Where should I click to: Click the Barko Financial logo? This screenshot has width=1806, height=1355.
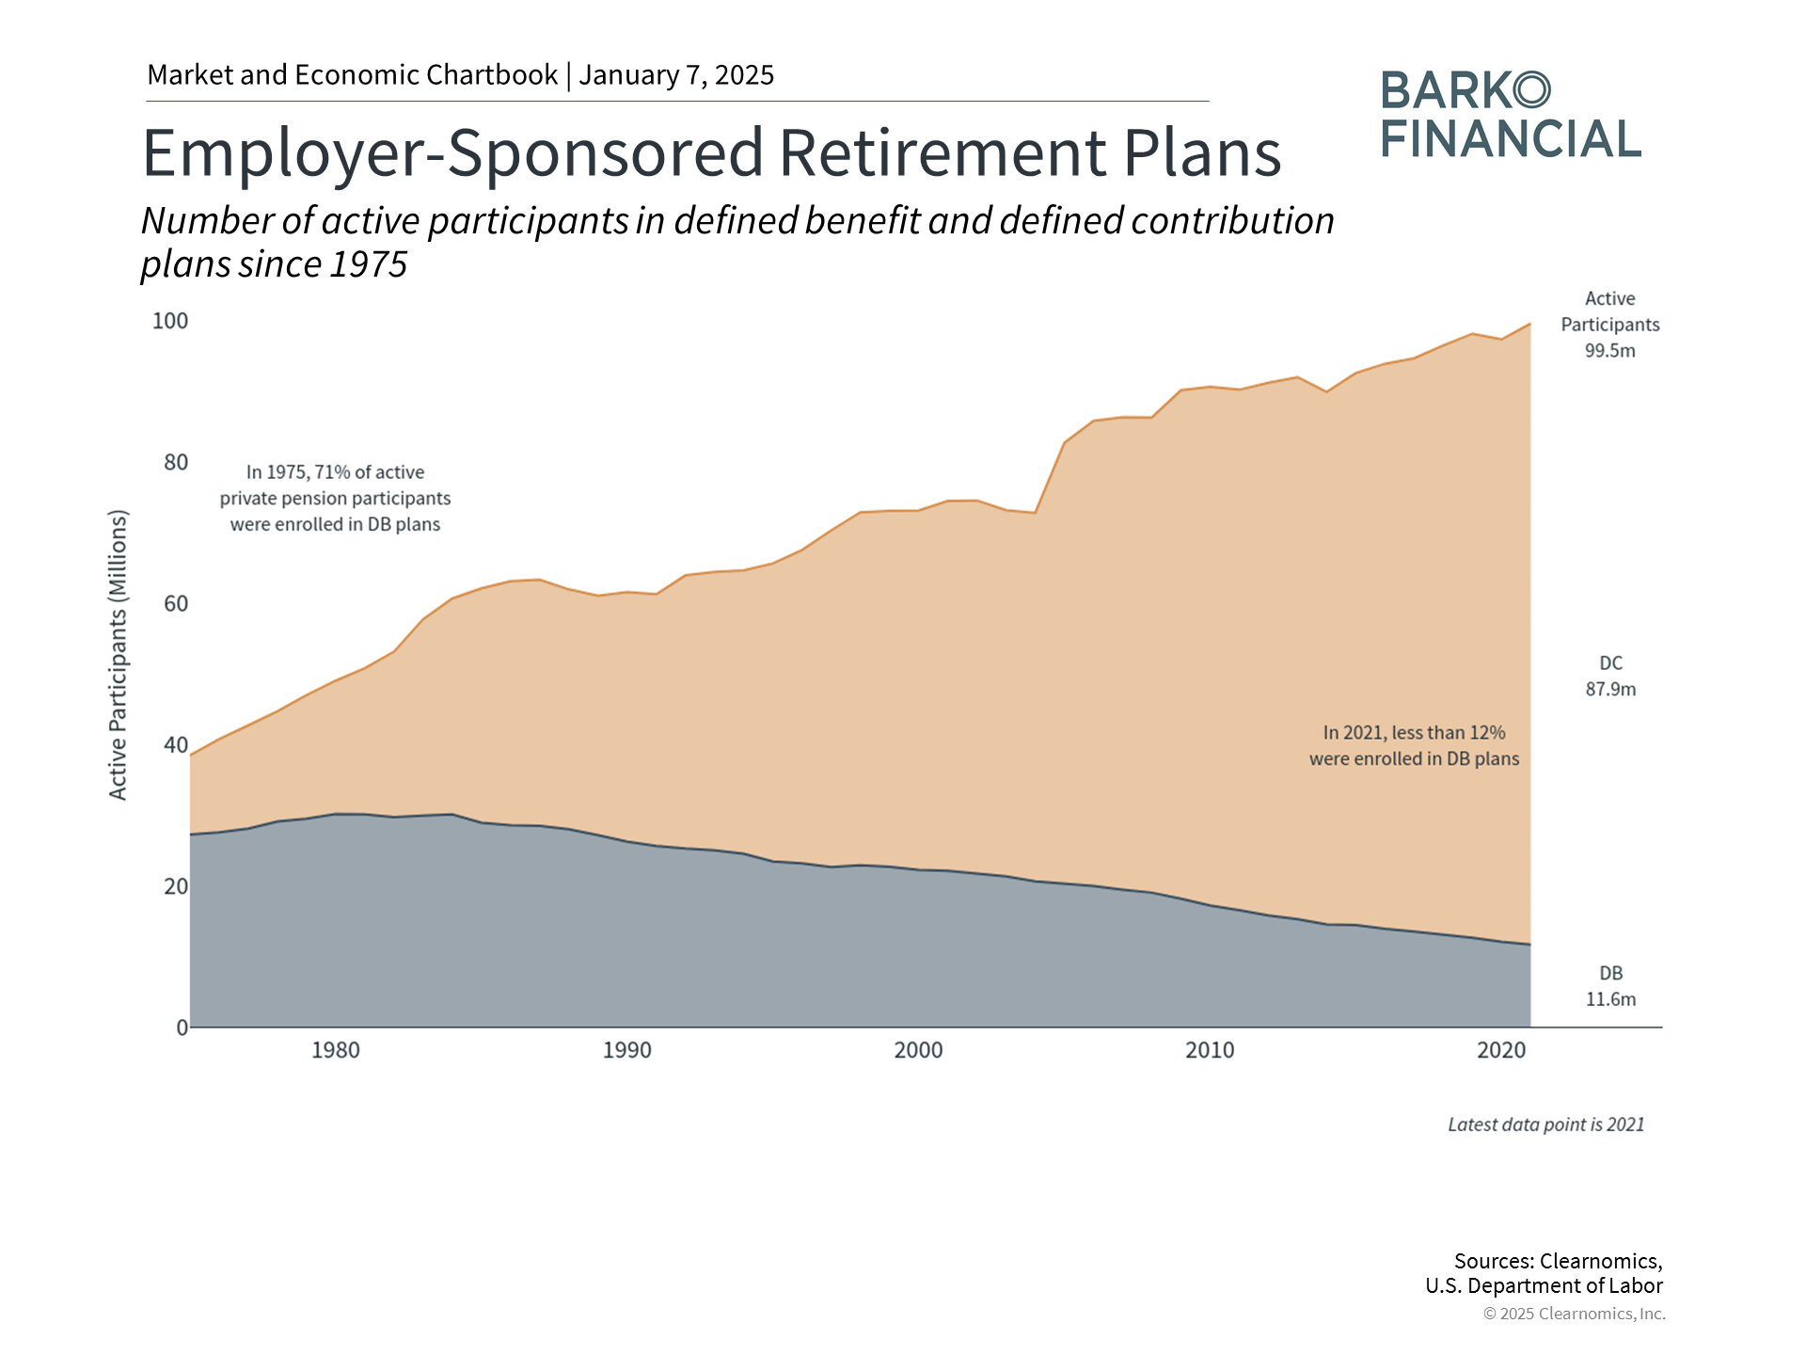1511,114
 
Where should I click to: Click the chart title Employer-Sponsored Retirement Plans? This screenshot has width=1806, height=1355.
711,152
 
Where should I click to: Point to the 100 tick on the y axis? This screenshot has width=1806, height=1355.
170,321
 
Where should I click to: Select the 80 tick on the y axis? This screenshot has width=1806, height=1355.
176,462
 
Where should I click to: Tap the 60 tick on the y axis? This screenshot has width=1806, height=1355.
176,603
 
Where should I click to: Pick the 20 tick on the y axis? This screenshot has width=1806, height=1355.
176,886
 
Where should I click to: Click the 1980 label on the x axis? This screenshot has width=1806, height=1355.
336,1050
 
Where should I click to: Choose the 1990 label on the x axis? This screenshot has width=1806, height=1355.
627,1050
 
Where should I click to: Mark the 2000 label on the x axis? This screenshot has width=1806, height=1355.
918,1050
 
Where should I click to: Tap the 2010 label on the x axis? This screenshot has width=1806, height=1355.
1210,1050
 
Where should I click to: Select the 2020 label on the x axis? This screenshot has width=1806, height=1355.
1501,1050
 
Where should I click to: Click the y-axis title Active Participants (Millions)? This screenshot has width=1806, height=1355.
118,655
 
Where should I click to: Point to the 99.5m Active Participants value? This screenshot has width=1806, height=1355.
1610,351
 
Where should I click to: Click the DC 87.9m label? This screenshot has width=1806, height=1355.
1610,677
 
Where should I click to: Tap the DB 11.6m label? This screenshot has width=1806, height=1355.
1610,986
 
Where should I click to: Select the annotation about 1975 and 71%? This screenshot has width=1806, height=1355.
336,498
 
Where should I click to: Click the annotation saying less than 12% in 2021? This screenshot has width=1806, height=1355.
1414,745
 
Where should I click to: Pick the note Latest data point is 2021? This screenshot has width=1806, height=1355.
1545,1124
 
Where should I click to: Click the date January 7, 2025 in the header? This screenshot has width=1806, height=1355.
676,75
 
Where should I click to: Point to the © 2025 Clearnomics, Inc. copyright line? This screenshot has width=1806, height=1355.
1574,1314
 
